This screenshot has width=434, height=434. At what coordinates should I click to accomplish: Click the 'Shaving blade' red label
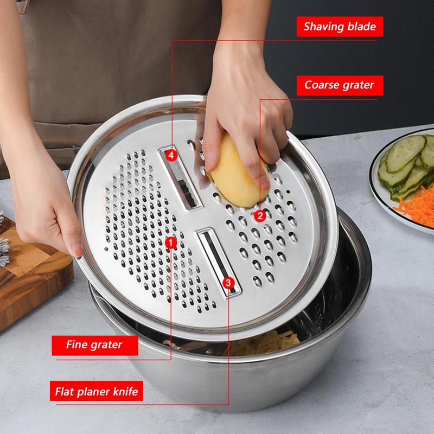tap(340, 27)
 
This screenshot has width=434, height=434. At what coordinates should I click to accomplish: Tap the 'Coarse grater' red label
tap(339, 85)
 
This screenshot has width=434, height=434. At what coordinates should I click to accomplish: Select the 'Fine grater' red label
tap(94, 344)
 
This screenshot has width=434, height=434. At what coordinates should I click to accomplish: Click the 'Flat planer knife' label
tap(97, 391)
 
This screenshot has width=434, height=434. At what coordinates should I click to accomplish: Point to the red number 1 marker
tap(171, 243)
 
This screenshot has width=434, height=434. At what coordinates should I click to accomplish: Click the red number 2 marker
tap(260, 216)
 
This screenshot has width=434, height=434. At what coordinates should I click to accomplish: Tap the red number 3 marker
tap(228, 283)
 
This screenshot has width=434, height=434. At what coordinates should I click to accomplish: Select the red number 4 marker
tap(171, 155)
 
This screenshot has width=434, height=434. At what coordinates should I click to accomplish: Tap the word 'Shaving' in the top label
tap(321, 27)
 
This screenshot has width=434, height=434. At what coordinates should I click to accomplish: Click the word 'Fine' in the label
tap(76, 344)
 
